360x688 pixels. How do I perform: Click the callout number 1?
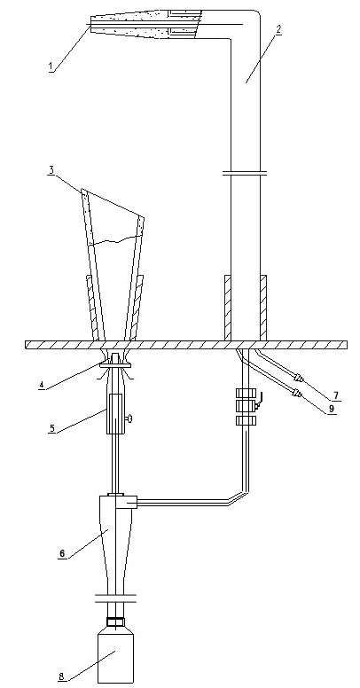click(x=51, y=66)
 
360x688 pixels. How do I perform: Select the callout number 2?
click(x=278, y=30)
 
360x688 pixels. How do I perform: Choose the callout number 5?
click(x=52, y=428)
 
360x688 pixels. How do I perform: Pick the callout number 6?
click(x=62, y=553)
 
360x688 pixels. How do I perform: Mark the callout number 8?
click(x=61, y=676)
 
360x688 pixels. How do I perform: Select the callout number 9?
click(x=332, y=409)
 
